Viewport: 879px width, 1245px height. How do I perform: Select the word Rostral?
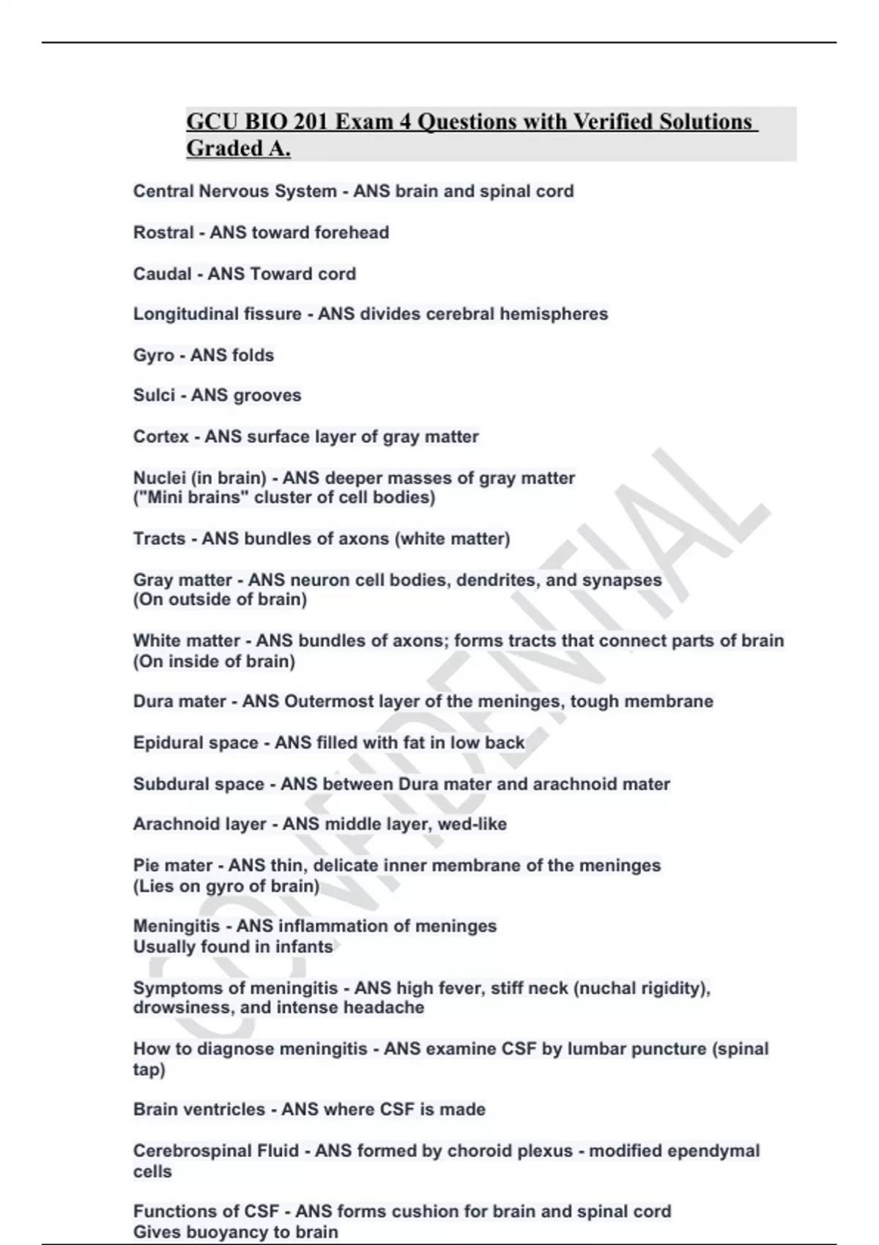click(x=163, y=233)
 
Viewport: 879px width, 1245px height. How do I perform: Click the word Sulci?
click(x=154, y=395)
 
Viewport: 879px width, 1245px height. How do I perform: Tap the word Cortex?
click(x=160, y=437)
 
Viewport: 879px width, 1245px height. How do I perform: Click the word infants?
click(x=304, y=947)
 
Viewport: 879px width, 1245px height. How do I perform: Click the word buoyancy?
click(x=226, y=1233)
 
